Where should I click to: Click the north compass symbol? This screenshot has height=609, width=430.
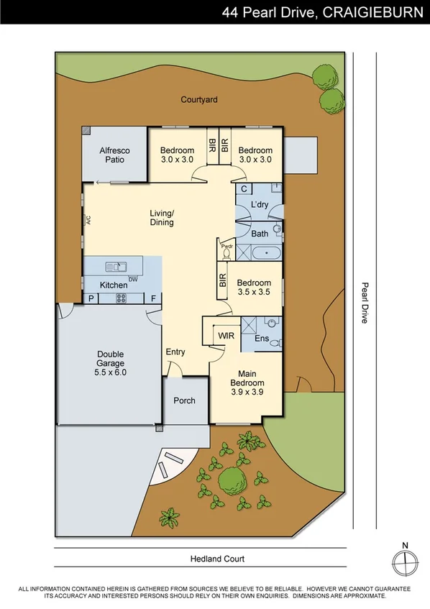point(406,559)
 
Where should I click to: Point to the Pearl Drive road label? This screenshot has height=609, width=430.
point(365,302)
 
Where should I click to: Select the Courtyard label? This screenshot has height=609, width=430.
point(199,100)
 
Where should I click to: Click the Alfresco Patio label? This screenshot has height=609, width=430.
point(115,155)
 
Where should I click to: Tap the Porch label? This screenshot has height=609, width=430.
point(185,400)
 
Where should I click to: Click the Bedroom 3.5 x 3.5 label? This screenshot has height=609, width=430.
point(254,288)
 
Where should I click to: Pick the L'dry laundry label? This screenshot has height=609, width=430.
point(260,206)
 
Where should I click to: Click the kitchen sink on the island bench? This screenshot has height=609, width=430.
point(116,267)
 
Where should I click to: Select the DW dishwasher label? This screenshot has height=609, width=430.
point(132,280)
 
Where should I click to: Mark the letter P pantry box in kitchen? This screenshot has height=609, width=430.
point(91,298)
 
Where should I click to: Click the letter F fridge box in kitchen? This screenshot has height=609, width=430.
point(152,298)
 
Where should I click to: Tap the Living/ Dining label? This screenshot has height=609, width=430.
point(162,218)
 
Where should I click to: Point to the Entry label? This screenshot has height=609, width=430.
point(175,352)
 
